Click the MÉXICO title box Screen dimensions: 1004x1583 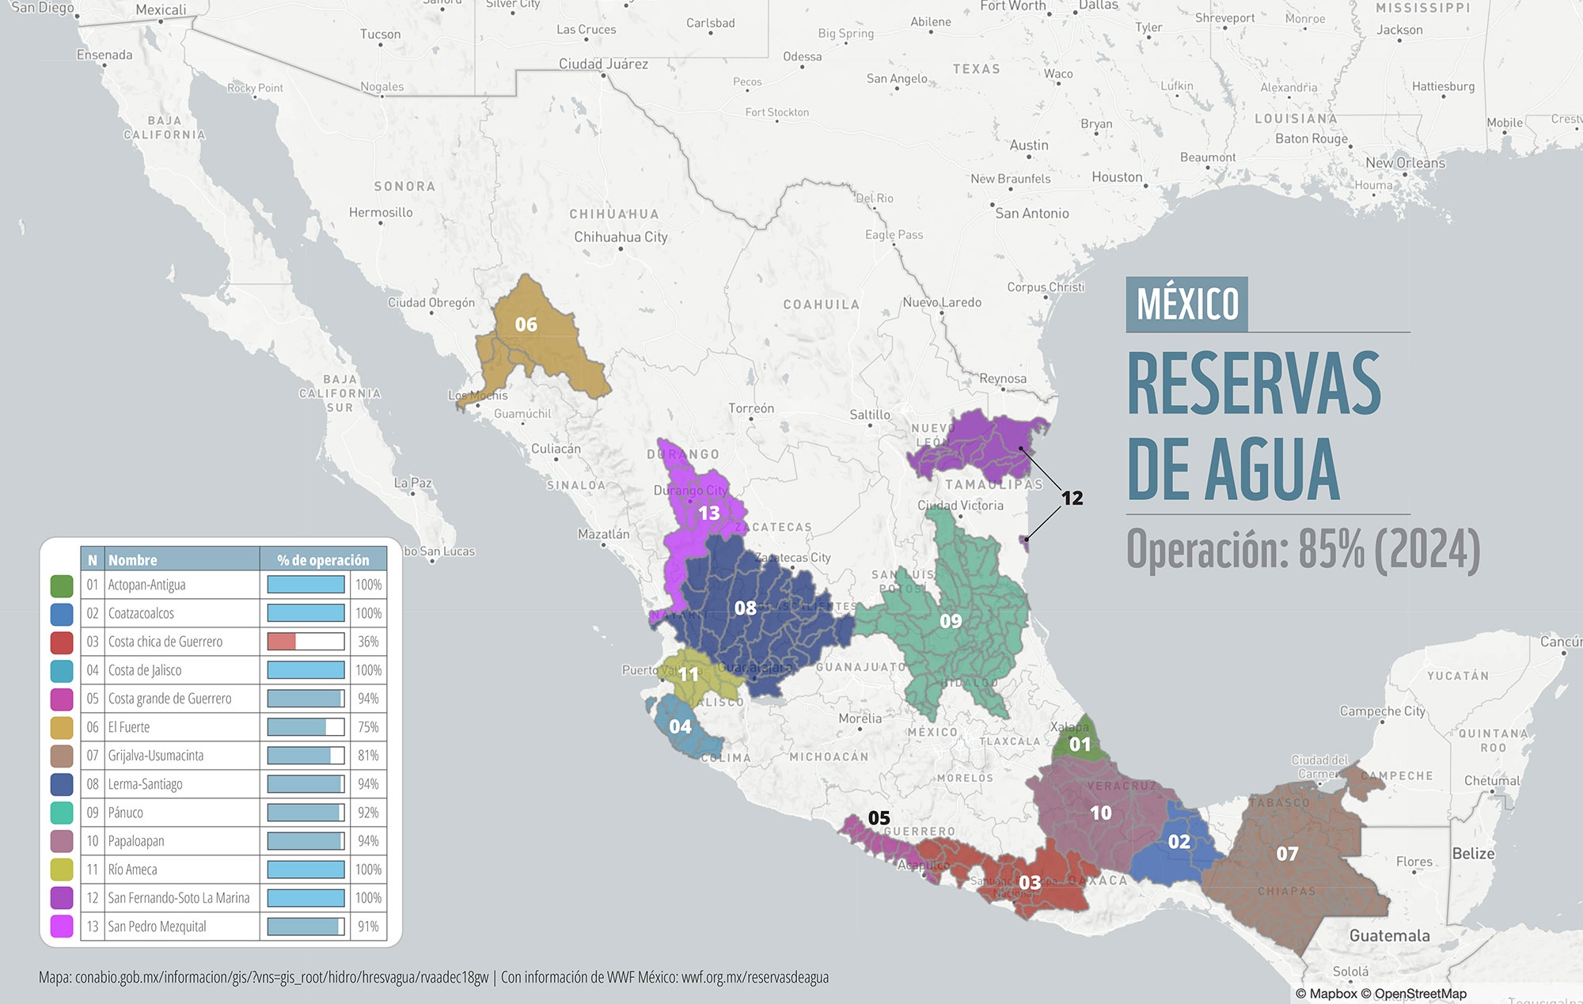coord(1186,304)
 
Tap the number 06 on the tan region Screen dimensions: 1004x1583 coord(526,324)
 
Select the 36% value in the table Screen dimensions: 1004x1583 coord(368,642)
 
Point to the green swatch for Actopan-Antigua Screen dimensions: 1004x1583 coord(62,585)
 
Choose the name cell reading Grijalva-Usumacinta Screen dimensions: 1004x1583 coord(156,756)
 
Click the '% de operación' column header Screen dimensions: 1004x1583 coord(323,560)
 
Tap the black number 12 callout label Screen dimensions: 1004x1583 coord(1072,498)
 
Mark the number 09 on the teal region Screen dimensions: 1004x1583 coord(951,621)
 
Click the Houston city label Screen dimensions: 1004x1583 coord(1117,177)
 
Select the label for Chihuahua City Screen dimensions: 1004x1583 coord(621,237)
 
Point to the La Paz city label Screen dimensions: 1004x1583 coord(412,483)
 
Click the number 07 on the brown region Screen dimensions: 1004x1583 coord(1287,854)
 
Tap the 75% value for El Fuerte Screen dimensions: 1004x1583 coord(368,727)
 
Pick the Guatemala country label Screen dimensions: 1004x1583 coord(1389,935)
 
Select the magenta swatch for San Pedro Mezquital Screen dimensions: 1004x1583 coord(62,926)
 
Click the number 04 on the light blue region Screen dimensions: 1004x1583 coord(680,726)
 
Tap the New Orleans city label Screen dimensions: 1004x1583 coord(1405,163)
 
